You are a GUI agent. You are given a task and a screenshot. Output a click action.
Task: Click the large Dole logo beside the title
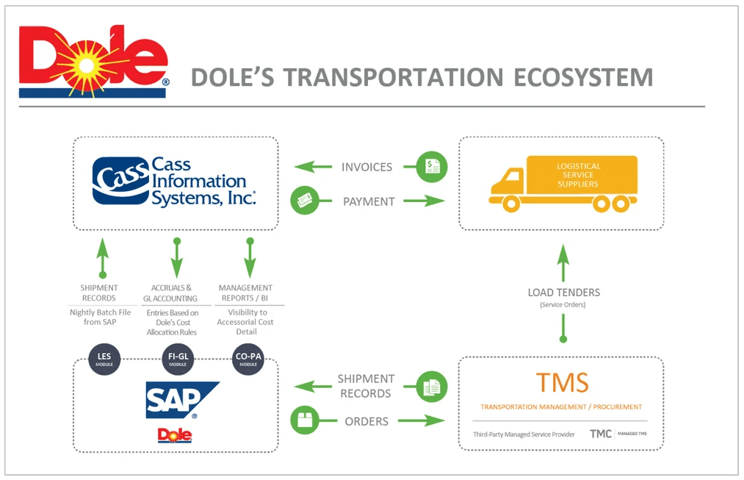93,62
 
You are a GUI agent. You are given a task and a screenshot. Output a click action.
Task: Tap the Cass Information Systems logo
174,182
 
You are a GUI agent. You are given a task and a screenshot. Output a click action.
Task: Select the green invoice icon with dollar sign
431,167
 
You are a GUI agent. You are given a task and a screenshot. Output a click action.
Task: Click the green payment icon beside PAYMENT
304,201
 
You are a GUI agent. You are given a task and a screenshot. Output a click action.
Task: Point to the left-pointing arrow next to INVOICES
312,167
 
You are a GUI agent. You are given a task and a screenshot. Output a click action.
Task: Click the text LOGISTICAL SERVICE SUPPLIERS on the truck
579,175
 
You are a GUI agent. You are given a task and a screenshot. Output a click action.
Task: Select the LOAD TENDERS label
563,293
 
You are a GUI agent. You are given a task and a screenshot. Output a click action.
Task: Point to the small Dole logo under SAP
175,435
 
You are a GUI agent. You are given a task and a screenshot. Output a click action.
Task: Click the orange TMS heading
561,383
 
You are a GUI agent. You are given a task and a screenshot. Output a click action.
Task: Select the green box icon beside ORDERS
304,421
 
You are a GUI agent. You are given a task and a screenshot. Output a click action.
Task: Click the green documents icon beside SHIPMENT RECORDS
431,386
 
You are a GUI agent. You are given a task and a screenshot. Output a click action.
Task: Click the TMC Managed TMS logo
615,434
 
